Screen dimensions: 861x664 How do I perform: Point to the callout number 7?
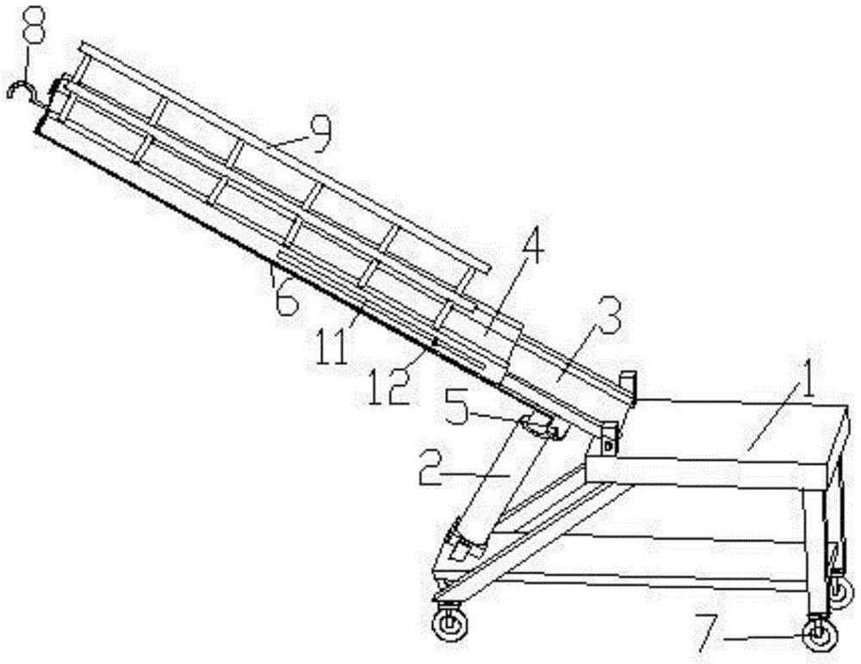point(707,632)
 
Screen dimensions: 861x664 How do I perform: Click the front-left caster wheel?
point(449,623)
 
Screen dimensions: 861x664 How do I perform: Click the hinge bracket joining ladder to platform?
point(610,440)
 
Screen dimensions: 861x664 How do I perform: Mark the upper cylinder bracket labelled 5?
point(541,425)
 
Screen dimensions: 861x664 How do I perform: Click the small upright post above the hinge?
point(628,387)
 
